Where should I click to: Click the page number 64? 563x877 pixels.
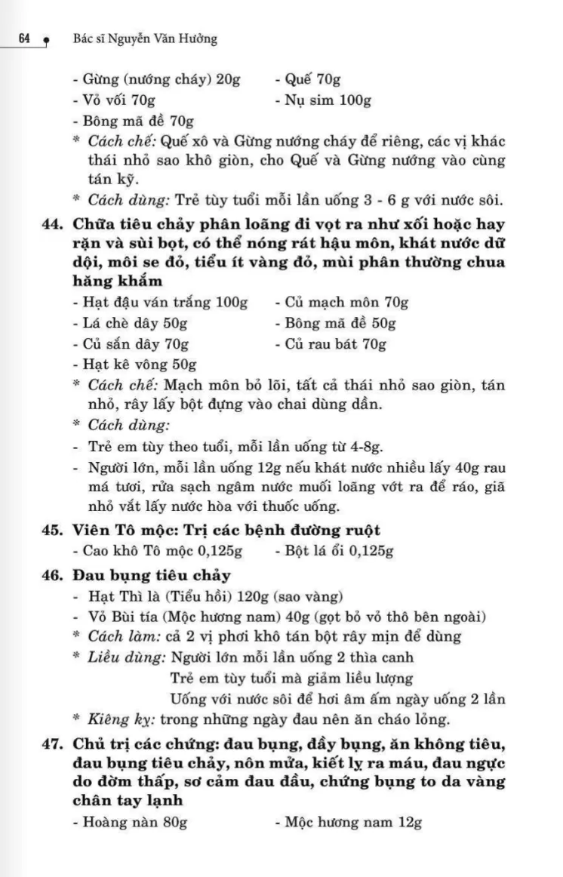coord(23,39)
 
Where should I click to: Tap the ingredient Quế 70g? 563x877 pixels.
coord(308,80)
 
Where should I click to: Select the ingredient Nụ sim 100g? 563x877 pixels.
coord(323,100)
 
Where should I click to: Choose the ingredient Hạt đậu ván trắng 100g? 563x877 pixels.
coord(161,303)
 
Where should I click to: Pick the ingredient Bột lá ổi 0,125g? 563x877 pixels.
coord(334,551)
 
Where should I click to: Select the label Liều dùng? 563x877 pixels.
coord(127,657)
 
